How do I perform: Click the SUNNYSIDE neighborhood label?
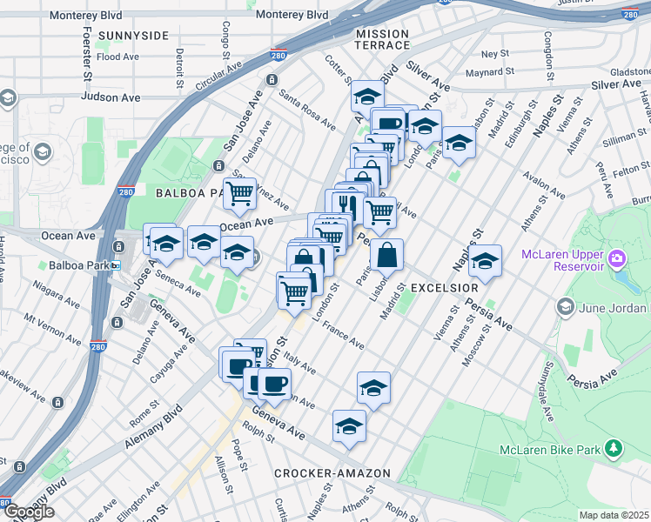click(x=133, y=36)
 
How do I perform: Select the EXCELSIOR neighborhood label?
click(x=444, y=287)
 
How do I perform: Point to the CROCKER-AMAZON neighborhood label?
click(x=332, y=473)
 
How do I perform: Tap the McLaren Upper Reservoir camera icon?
click(x=617, y=258)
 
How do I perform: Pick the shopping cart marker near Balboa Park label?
click(x=239, y=193)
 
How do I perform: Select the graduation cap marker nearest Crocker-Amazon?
click(x=349, y=425)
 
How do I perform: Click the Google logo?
click(x=29, y=512)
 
